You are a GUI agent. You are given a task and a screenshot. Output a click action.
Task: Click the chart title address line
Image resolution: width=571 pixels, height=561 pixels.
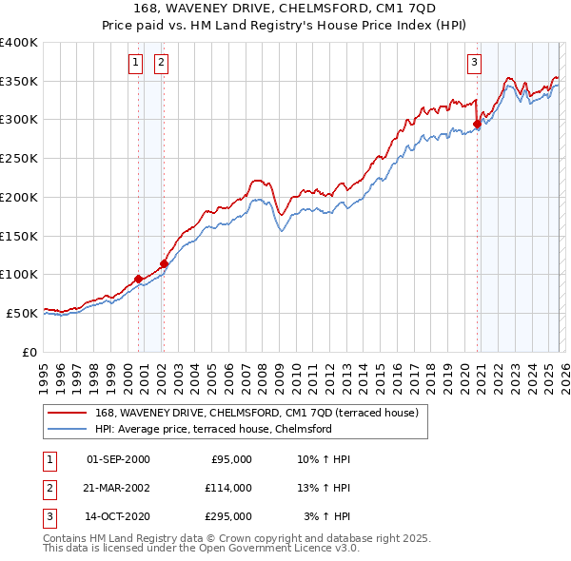pyautogui.click(x=285, y=10)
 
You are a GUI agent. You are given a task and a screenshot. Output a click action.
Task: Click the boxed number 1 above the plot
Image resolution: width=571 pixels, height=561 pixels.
pyautogui.click(x=137, y=64)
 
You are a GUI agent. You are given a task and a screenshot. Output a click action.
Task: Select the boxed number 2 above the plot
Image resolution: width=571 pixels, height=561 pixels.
pyautogui.click(x=161, y=64)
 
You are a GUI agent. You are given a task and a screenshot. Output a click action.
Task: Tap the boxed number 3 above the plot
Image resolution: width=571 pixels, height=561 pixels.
pyautogui.click(x=474, y=64)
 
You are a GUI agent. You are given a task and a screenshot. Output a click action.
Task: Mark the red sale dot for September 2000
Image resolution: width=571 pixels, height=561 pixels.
pyautogui.click(x=139, y=279)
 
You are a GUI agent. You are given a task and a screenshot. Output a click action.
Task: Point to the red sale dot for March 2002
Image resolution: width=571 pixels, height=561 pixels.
pyautogui.click(x=164, y=263)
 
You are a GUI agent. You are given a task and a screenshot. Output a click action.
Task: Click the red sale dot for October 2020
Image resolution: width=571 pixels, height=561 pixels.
pyautogui.click(x=477, y=123)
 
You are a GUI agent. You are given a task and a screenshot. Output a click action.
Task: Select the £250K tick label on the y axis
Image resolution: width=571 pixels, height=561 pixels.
pyautogui.click(x=19, y=159)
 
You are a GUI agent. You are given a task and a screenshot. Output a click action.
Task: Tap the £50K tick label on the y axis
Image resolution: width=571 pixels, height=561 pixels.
pyautogui.click(x=23, y=313)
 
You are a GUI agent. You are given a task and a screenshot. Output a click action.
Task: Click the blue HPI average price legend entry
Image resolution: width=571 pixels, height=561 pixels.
pyautogui.click(x=212, y=429)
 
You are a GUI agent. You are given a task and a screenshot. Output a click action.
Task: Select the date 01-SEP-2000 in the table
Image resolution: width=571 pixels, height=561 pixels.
pyautogui.click(x=118, y=459)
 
